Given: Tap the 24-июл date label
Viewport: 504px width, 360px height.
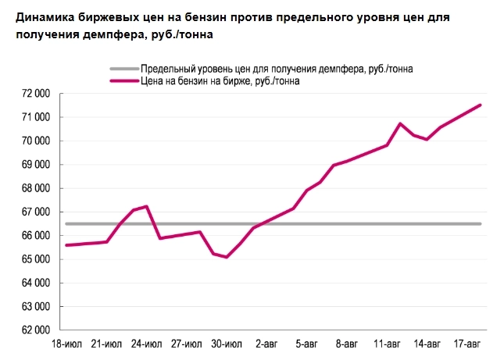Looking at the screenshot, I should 146,344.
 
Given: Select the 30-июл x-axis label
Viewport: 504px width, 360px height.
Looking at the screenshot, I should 227,344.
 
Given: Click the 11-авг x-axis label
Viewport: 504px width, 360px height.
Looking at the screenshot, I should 388,344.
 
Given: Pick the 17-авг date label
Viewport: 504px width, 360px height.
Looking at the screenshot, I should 468,344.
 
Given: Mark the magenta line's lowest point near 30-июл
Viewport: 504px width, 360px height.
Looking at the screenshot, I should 227,257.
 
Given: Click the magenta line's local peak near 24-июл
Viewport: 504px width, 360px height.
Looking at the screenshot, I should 147,206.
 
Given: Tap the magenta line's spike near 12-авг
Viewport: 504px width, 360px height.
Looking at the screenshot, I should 400,123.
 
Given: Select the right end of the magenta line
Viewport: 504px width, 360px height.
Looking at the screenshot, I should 481,105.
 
